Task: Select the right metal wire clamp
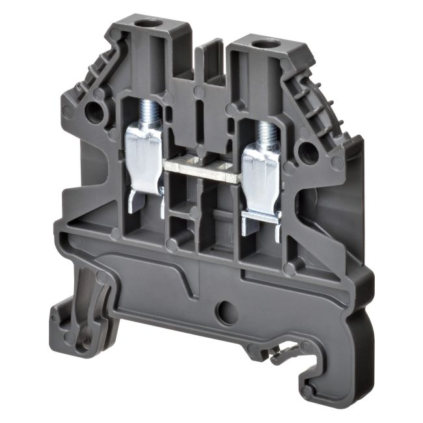(x=262, y=182)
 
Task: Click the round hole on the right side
(x=308, y=152)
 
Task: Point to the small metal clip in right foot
(x=281, y=355)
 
